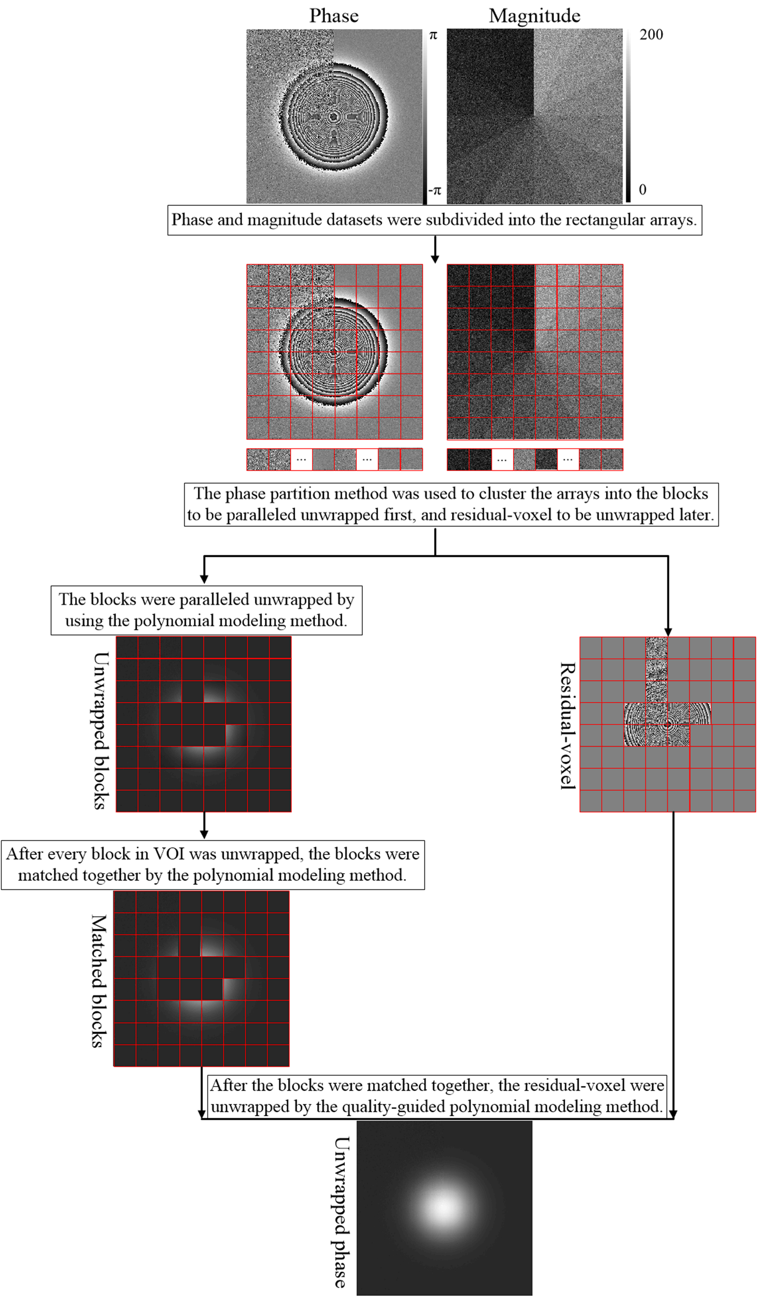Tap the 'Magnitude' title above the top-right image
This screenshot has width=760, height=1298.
[534, 16]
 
